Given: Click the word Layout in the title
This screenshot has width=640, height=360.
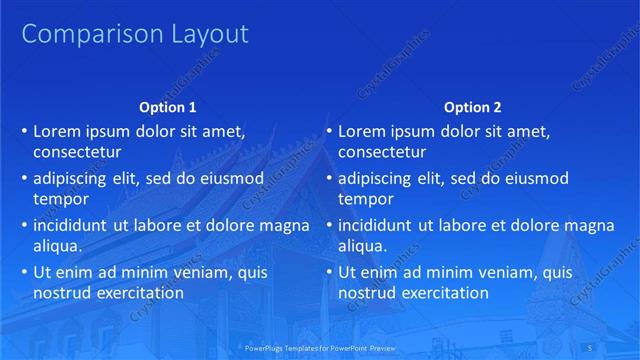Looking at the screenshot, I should pyautogui.click(x=199, y=34).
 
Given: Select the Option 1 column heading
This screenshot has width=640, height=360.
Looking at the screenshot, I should pyautogui.click(x=167, y=107).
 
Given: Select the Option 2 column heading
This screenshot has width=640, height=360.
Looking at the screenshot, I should pyautogui.click(x=473, y=107).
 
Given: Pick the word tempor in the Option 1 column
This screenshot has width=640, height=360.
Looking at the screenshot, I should pyautogui.click(x=61, y=200).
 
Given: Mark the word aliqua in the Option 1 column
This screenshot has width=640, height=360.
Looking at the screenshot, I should pyautogui.click(x=58, y=246).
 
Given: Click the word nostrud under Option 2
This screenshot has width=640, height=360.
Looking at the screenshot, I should pyautogui.click(x=367, y=293).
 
